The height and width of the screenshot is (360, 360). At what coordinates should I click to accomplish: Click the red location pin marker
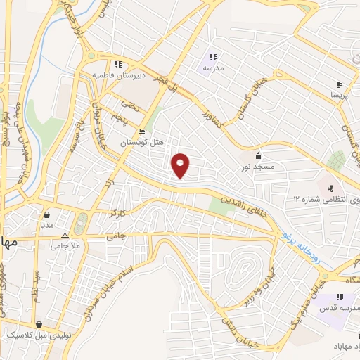click(x=181, y=165)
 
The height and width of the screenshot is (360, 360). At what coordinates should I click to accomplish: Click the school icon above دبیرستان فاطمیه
click(x=120, y=63)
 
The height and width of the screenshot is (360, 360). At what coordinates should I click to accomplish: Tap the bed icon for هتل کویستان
click(x=142, y=131)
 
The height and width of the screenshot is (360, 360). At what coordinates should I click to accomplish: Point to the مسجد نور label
click(x=259, y=167)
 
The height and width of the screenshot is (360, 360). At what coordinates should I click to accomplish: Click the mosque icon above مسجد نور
click(x=259, y=155)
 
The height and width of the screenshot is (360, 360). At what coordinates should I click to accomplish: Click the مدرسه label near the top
click(x=213, y=68)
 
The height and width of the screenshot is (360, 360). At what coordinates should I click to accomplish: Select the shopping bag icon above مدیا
click(x=46, y=215)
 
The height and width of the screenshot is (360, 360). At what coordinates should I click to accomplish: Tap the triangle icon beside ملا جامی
click(x=65, y=237)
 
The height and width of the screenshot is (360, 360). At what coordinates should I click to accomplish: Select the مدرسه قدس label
click(x=340, y=309)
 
